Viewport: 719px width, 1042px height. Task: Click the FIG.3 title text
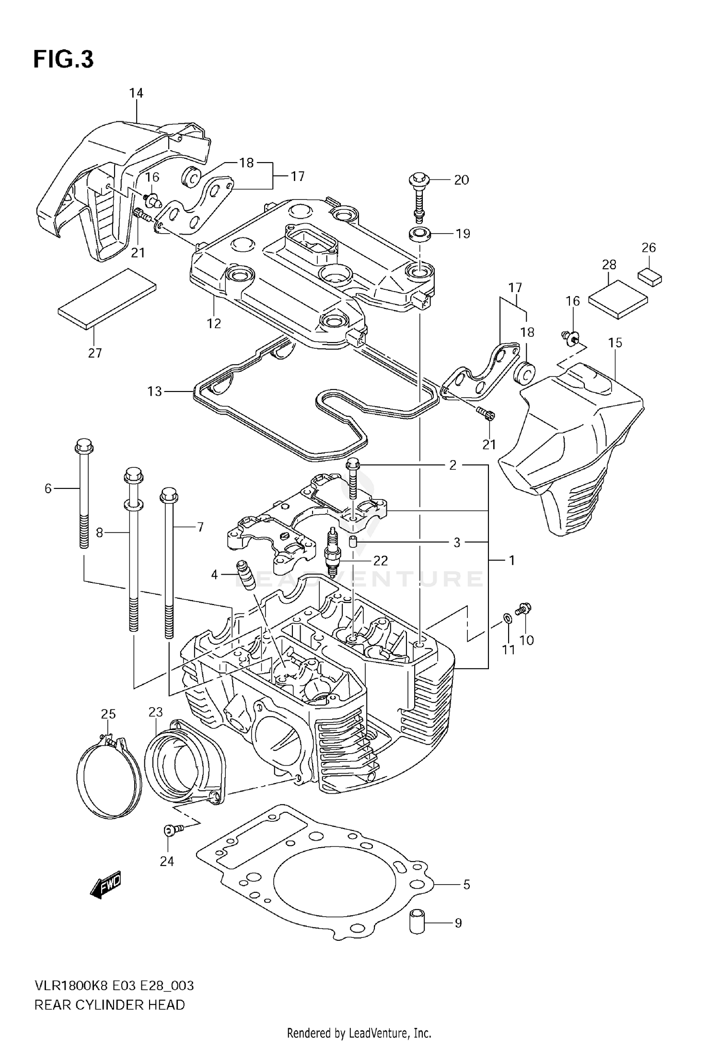63,60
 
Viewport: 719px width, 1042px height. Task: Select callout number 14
136,93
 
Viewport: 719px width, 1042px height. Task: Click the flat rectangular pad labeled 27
107,298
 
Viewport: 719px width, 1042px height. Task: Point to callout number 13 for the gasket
155,391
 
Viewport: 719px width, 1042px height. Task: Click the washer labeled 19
419,235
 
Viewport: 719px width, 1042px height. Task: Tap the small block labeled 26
649,277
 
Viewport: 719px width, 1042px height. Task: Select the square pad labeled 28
617,299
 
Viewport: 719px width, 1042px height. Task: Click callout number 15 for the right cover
615,343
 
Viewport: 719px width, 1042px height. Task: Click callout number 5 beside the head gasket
466,884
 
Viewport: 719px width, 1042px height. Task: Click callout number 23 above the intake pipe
156,712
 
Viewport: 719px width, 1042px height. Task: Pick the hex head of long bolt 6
84,446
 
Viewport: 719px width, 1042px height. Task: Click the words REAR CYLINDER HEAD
109,1005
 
